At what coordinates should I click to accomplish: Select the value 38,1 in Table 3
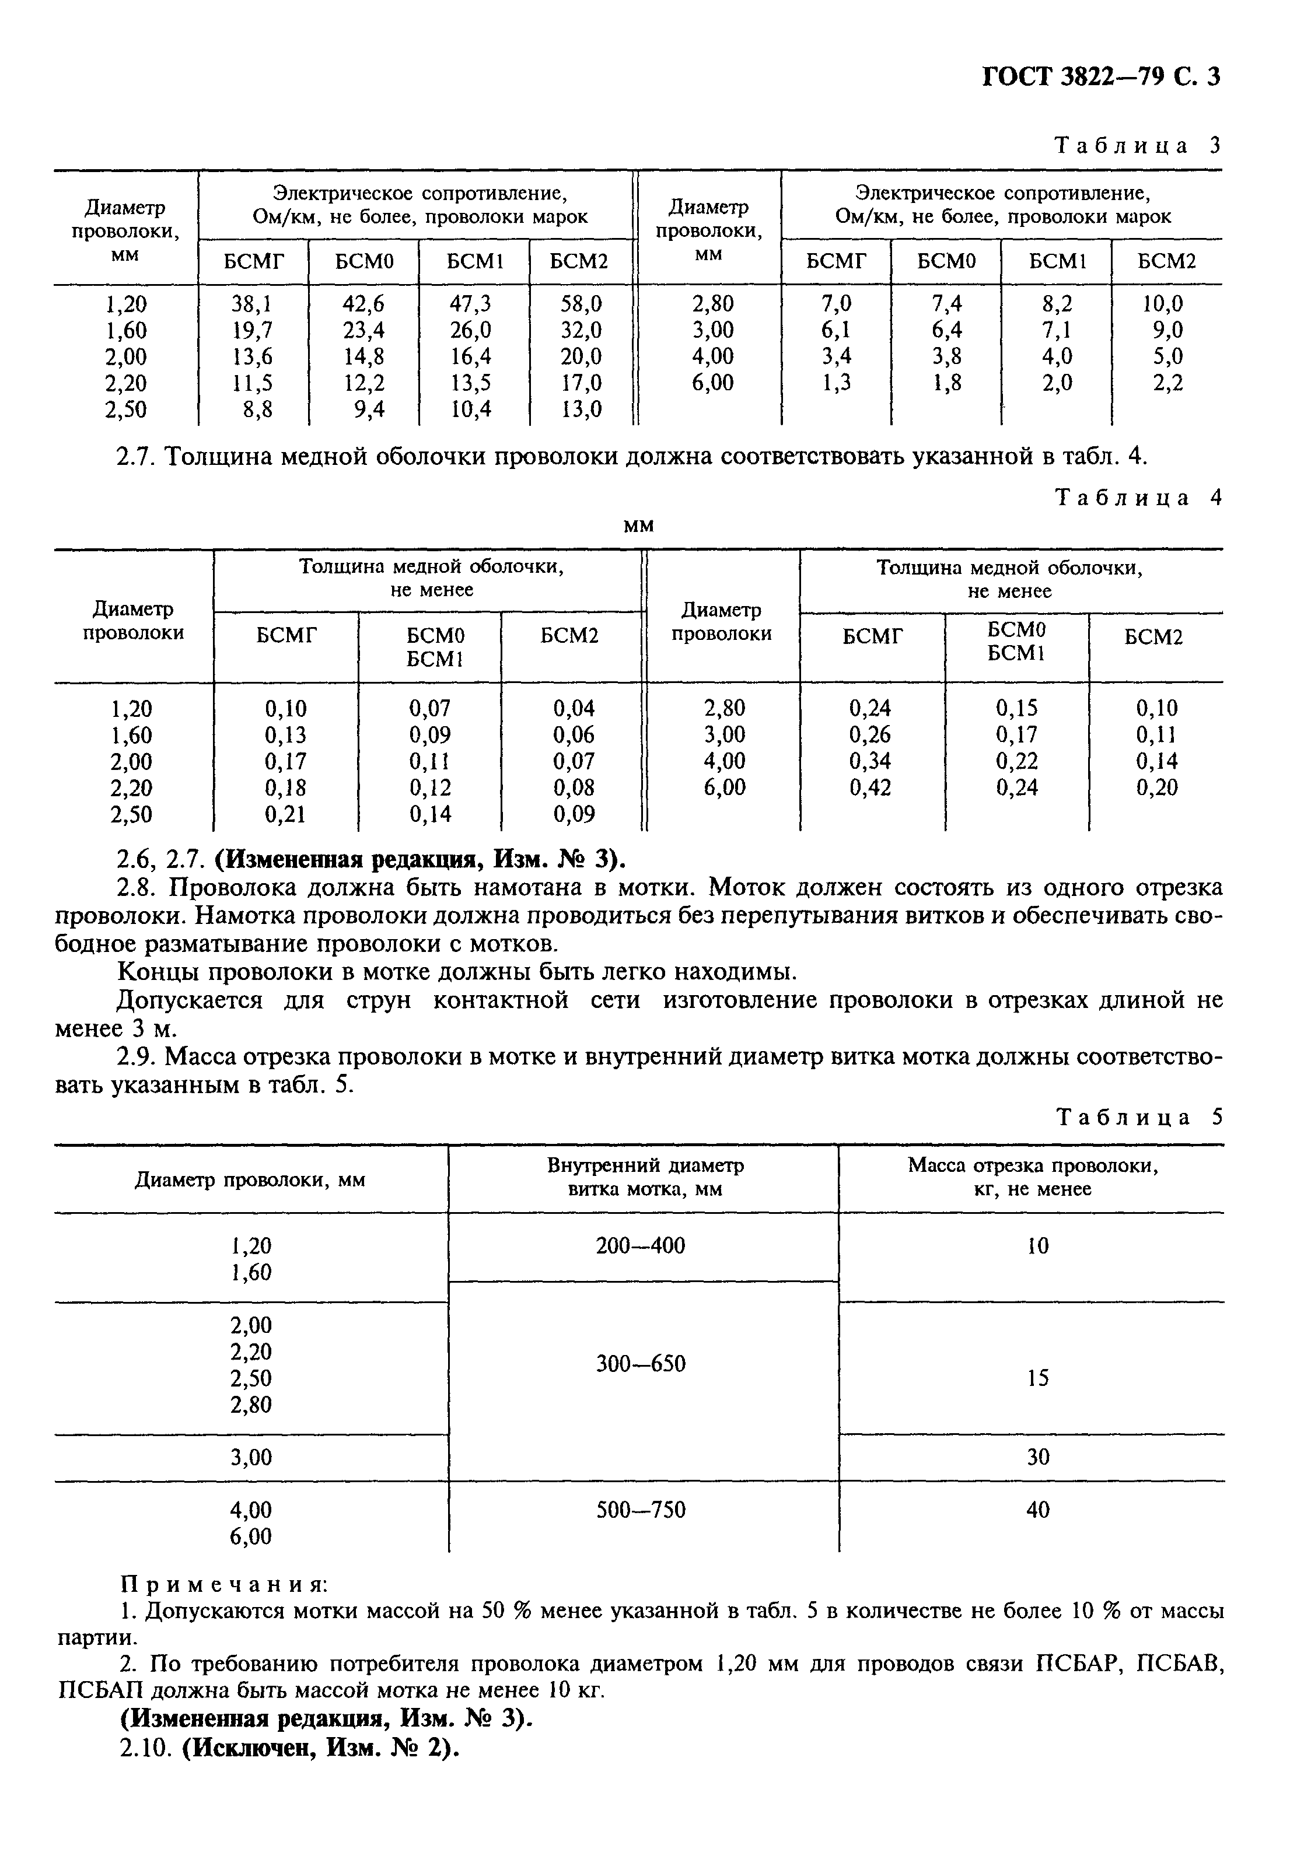point(253,304)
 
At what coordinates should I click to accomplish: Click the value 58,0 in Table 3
point(581,304)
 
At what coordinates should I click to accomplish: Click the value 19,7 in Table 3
point(253,330)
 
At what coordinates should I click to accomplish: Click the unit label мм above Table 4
point(638,527)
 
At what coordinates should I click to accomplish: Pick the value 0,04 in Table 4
point(574,709)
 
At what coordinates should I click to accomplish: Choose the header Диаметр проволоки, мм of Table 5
point(250,1181)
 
